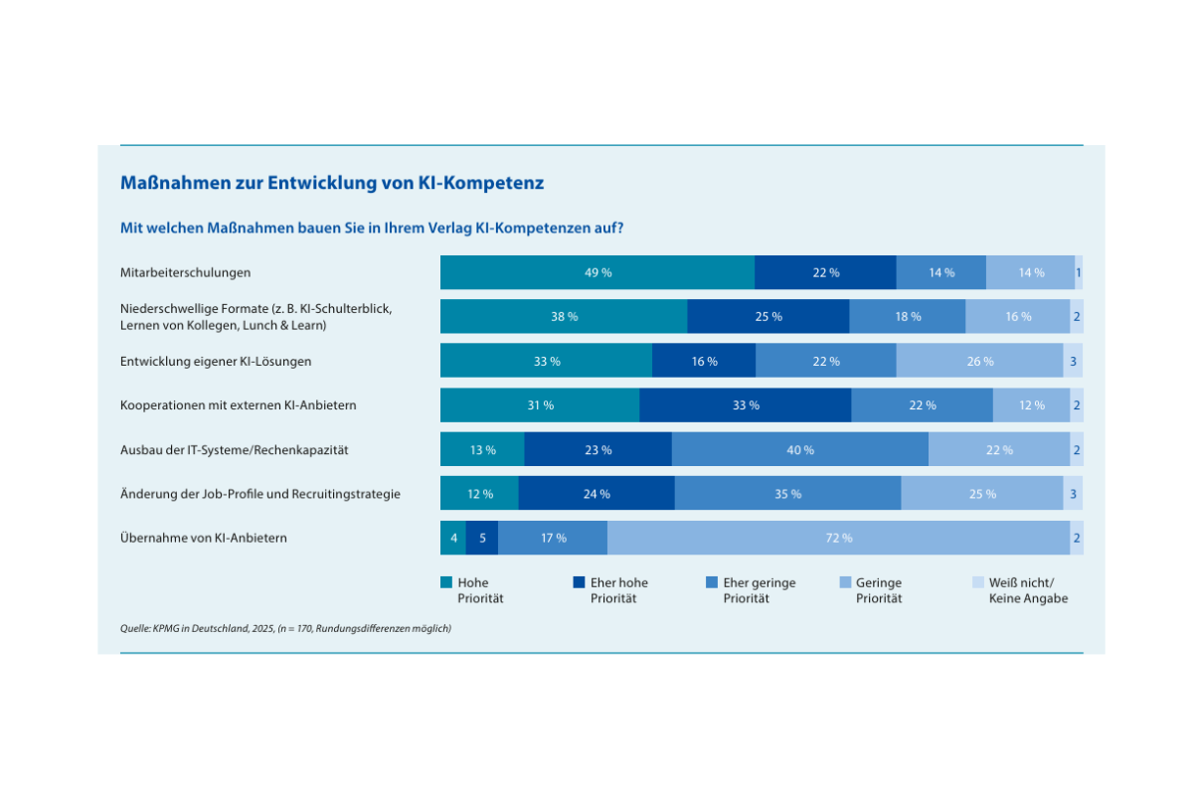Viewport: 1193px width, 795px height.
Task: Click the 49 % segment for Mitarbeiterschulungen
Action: point(597,272)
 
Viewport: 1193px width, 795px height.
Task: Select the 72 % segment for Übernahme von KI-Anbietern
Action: point(838,538)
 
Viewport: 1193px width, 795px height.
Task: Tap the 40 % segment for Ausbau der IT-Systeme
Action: point(799,449)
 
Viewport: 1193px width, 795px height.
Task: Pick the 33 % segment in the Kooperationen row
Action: point(745,405)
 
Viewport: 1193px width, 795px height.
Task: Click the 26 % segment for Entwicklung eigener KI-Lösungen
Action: point(979,361)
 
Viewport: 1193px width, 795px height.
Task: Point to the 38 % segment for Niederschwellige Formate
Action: point(564,316)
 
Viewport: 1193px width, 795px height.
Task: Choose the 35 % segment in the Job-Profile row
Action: point(787,494)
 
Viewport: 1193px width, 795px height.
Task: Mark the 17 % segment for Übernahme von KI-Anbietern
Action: point(553,538)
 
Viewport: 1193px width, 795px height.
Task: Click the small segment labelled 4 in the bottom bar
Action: point(453,538)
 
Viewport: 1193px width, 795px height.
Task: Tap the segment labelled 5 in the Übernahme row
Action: point(482,538)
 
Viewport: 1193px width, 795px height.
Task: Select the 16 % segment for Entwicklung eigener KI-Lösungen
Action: point(704,361)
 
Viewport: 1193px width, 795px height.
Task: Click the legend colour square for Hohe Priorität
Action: point(446,582)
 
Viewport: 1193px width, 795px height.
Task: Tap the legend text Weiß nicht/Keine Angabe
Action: point(1028,590)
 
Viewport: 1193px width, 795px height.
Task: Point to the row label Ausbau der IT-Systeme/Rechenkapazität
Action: point(234,450)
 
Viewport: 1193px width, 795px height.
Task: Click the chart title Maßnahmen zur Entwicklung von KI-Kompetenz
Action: point(332,183)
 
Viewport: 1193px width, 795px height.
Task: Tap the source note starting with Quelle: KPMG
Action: point(285,628)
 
